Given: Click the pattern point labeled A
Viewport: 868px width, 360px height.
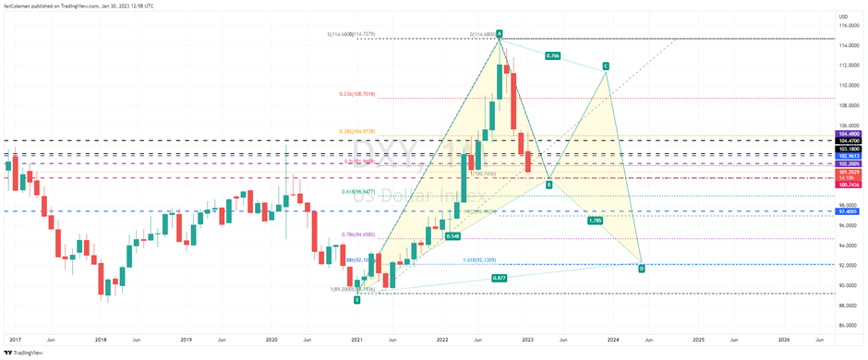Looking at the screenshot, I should [x=500, y=34].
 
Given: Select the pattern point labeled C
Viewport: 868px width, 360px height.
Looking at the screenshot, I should [x=606, y=66].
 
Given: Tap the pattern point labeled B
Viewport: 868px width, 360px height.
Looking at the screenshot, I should [x=549, y=185].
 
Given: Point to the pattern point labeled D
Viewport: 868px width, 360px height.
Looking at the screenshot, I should [x=642, y=269].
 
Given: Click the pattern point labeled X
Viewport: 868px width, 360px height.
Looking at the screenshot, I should [x=356, y=299].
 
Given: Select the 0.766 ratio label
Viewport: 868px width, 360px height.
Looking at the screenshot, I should [x=552, y=55].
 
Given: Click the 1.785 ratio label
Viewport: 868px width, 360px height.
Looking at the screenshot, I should [x=596, y=221].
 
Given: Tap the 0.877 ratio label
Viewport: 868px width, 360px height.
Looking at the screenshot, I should [x=500, y=278].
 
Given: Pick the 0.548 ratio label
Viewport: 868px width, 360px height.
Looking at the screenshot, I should [x=452, y=236].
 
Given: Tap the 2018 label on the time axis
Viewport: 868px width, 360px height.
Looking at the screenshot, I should [x=99, y=341].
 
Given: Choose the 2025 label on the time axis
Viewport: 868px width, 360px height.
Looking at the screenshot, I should [x=697, y=341].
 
